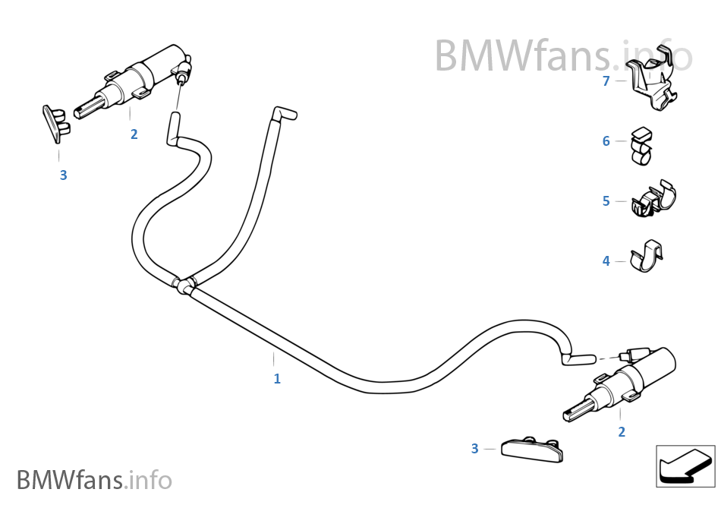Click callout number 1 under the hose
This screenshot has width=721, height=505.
tap(277, 378)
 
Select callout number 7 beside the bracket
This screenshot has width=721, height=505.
tap(606, 81)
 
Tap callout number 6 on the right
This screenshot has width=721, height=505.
tap(606, 141)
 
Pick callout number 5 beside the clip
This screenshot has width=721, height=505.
tap(606, 201)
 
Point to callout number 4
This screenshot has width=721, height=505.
tap(606, 261)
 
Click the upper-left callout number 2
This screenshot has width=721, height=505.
tap(134, 135)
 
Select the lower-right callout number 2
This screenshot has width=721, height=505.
tap(622, 432)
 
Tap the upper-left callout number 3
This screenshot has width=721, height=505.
tap(63, 175)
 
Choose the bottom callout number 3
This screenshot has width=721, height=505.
tap(474, 449)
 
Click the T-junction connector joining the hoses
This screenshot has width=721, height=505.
tap(183, 286)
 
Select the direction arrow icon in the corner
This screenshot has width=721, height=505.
tap(684, 465)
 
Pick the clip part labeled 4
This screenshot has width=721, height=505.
tap(646, 257)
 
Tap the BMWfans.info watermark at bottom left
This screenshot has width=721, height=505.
tap(94, 480)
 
